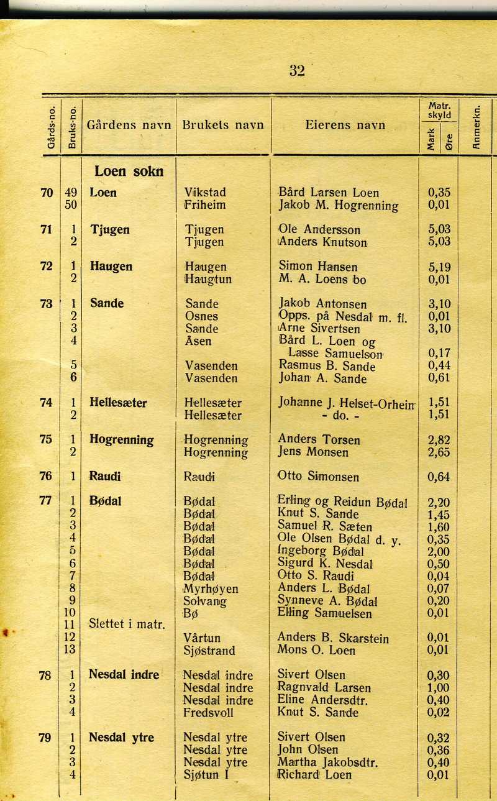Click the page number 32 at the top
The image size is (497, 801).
[x=297, y=71]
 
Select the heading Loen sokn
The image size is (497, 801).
[x=129, y=172]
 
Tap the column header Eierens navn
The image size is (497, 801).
[x=345, y=125]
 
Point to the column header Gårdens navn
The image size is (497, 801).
[x=129, y=125]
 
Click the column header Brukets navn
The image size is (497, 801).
[x=223, y=125]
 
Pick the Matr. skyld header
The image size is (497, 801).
[x=439, y=111]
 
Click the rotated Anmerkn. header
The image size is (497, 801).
[x=476, y=128]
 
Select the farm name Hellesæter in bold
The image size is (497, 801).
[x=118, y=403]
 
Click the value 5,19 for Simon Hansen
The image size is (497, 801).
[x=439, y=267]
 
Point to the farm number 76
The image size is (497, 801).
[x=46, y=477]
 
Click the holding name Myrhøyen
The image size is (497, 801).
[x=211, y=588]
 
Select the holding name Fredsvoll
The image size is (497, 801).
[x=209, y=712]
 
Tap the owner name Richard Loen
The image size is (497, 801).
[x=314, y=774]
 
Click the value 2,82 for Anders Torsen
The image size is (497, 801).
[x=439, y=440]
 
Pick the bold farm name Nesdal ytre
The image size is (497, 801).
[x=121, y=738]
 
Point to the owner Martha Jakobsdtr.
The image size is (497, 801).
[x=327, y=762]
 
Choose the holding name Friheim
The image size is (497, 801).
[x=205, y=205]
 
